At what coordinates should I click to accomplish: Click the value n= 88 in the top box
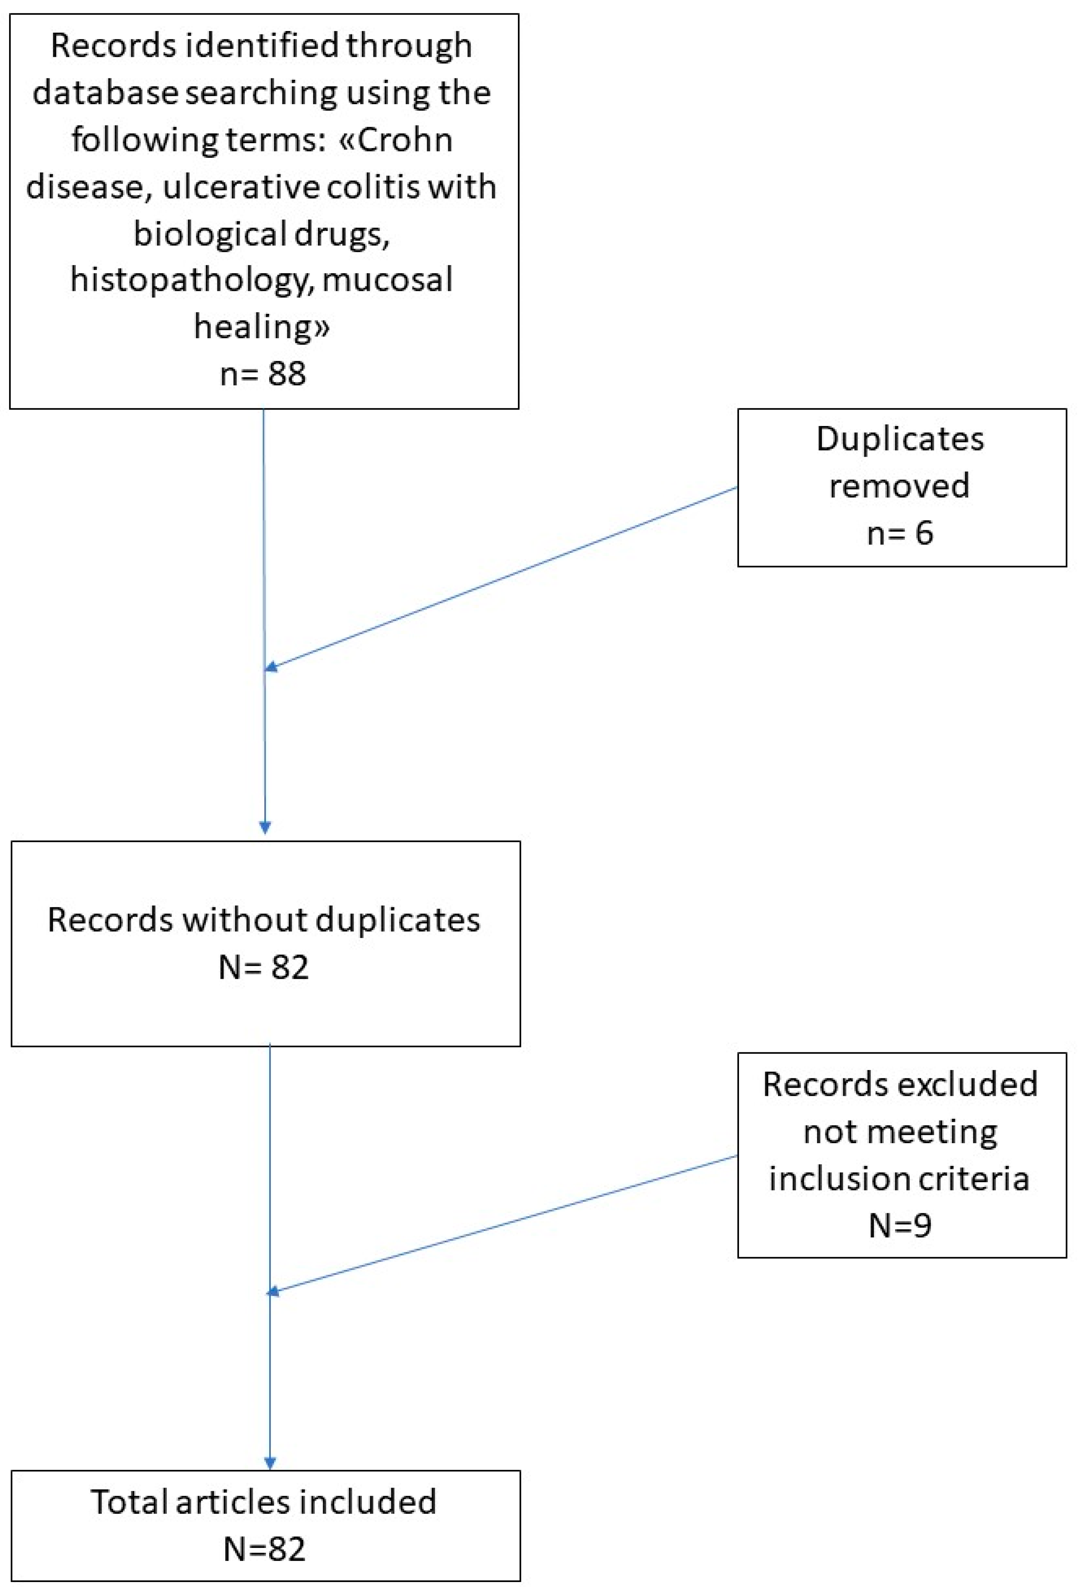coord(263,374)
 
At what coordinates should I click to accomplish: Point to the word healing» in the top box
coord(262,327)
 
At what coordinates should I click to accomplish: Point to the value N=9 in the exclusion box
coord(900,1226)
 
